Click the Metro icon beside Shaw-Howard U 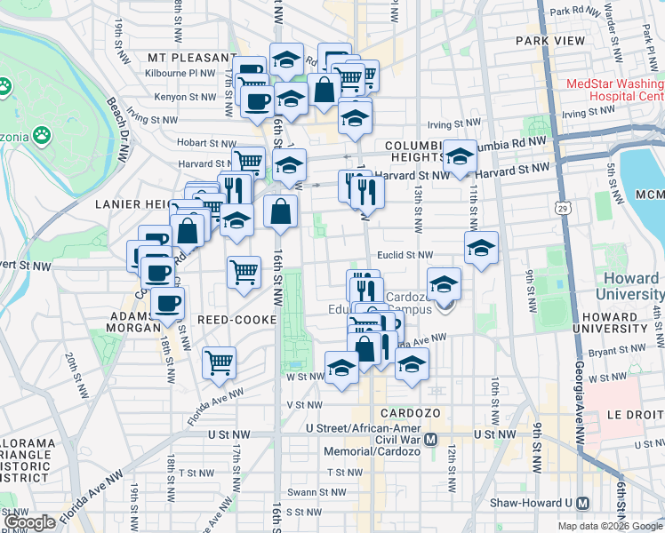(x=582, y=502)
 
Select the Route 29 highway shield (x=563, y=207)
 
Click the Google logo (x=30, y=522)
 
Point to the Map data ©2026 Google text (x=610, y=526)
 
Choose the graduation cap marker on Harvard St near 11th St (x=460, y=157)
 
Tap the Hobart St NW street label (x=204, y=142)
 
